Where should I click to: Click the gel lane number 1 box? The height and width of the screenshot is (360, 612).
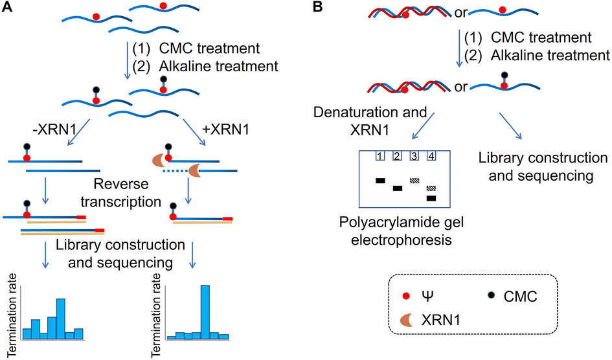click(381, 156)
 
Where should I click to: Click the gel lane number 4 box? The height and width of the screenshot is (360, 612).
click(431, 156)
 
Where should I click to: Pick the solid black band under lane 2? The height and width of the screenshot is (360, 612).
click(398, 188)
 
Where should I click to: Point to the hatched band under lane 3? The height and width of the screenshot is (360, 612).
click(414, 181)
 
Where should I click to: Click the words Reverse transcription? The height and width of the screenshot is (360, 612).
click(124, 194)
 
